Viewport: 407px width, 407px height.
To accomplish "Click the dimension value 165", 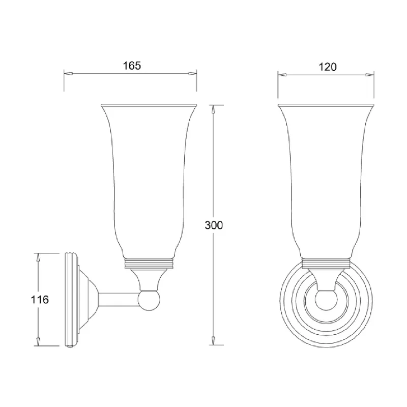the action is [132, 66].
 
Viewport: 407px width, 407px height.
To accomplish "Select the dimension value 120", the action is [328, 67].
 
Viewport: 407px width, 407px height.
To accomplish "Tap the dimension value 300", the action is [214, 225].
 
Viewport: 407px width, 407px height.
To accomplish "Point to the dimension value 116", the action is [40, 300].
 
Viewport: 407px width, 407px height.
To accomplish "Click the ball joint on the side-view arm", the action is [149, 300].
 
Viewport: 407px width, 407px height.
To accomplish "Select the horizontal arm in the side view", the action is [119, 300].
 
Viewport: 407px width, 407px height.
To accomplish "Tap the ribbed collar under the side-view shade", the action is [149, 264].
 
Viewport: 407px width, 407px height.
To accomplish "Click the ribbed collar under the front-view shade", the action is [327, 264].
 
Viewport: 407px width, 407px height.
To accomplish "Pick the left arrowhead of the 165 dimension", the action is [68, 74].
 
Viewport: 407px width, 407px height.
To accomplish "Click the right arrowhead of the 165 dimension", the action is [193, 74].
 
